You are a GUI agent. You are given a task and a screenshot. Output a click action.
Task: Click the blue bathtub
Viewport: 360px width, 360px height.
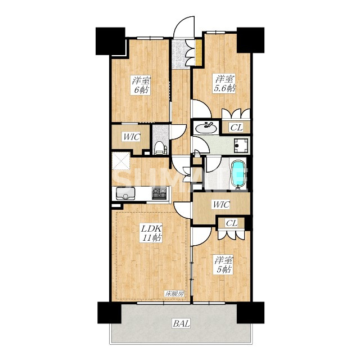coord(238,174)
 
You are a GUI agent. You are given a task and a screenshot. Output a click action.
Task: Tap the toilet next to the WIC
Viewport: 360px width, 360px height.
coord(160,147)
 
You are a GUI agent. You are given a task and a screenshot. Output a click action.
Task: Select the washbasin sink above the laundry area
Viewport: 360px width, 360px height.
coord(206,128)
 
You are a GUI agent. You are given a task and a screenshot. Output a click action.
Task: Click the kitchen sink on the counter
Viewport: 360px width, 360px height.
coord(125,193)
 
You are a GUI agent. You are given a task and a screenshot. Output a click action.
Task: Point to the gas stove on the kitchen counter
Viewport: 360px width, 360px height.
coord(159,193)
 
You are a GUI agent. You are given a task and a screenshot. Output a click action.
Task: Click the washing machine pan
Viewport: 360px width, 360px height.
coord(241,146)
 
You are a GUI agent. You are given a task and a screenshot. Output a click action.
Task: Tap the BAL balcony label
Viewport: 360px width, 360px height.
coord(181,324)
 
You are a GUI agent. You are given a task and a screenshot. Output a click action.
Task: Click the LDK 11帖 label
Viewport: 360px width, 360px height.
coord(151,233)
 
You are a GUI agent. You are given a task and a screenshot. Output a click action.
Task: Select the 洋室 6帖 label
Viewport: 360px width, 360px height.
coord(141,85)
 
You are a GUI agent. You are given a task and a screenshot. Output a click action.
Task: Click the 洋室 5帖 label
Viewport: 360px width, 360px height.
coord(224,265)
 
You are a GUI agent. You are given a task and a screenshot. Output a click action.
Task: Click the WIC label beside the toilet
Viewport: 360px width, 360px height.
coord(132,137)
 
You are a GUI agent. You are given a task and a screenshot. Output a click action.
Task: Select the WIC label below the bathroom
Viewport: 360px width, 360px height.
coord(221,204)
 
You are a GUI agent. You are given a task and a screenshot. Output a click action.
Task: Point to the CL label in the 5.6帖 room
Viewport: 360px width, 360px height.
coord(236,128)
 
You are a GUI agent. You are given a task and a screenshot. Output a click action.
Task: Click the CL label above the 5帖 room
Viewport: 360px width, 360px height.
coord(231,223)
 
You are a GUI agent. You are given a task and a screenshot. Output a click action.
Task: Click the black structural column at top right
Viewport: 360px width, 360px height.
coord(250,40)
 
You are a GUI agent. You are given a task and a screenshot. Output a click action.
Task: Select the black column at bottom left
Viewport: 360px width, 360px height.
coord(109,313)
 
